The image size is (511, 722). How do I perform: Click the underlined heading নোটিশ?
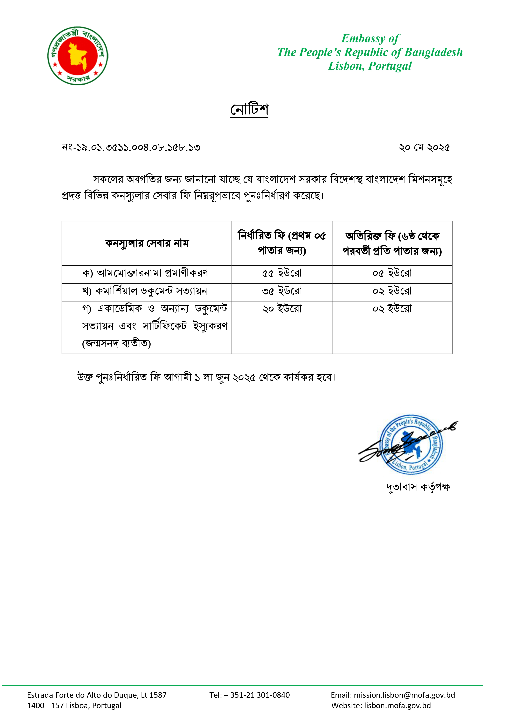pos(249,109)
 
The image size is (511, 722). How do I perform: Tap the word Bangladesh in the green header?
pos(434,52)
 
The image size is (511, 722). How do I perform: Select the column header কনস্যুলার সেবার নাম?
pos(147,243)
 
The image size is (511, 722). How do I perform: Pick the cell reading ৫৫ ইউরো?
pos(282,273)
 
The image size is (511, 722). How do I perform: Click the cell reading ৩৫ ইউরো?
pos(282,291)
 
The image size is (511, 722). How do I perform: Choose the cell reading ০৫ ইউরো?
pos(392,273)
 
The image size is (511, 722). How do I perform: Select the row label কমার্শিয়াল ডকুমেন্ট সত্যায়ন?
pos(151,291)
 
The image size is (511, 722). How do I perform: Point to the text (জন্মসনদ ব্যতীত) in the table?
pos(117,343)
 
